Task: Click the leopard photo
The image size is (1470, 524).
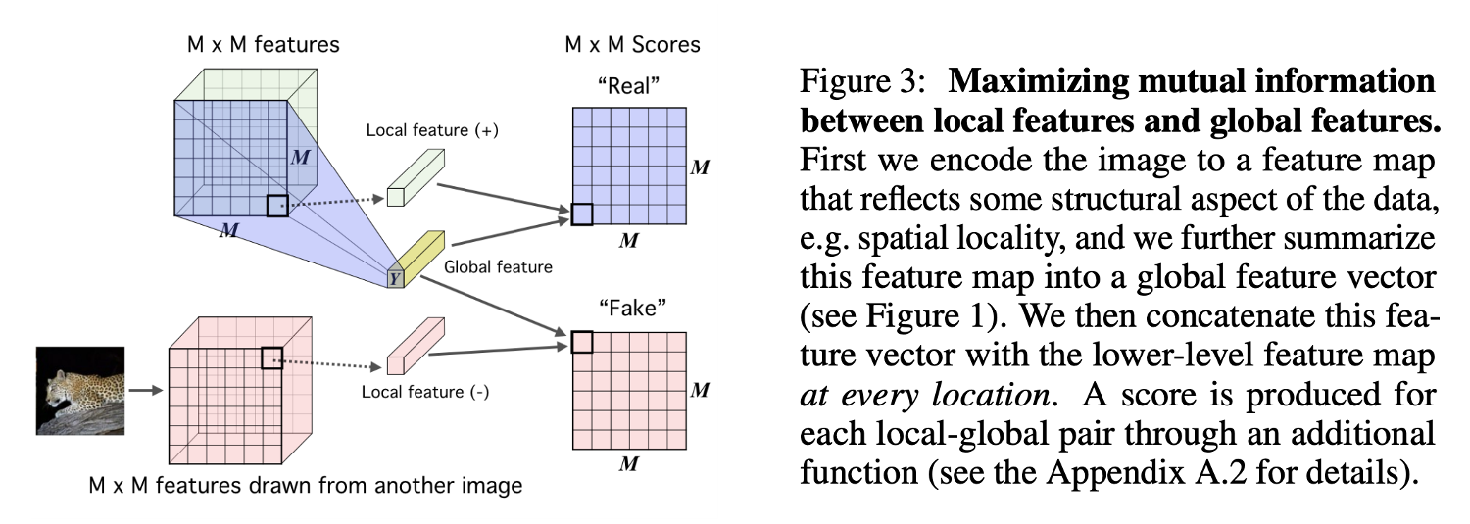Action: point(80,390)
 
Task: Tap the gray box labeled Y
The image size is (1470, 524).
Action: point(395,277)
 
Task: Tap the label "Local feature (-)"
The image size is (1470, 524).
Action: point(425,393)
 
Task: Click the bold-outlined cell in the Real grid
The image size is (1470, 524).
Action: point(582,214)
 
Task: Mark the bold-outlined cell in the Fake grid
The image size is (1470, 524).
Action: point(582,342)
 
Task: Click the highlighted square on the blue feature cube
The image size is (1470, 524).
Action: point(277,206)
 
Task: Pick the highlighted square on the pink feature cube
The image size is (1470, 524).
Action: point(271,358)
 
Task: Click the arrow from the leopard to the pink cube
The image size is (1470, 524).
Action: point(145,390)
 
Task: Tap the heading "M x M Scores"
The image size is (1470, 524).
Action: point(632,45)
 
